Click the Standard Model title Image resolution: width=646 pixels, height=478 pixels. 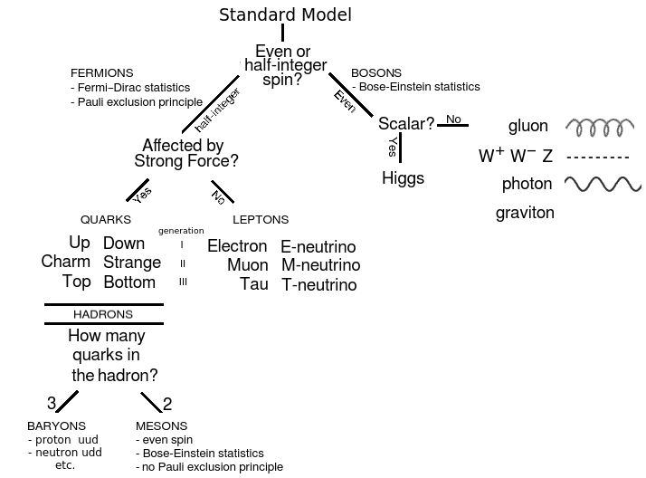pyautogui.click(x=285, y=14)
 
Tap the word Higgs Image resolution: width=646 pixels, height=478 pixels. pyautogui.click(x=403, y=177)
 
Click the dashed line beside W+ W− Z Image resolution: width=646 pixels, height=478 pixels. pyautogui.click(x=597, y=157)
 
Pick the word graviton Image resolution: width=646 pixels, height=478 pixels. pyautogui.click(x=525, y=214)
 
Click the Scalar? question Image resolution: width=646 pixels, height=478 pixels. pyautogui.click(x=406, y=123)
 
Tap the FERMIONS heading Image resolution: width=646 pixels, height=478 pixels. pyautogui.click(x=101, y=73)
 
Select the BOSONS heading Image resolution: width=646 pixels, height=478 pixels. pyautogui.click(x=376, y=73)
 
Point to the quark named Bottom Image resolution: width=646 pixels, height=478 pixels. pyautogui.click(x=129, y=282)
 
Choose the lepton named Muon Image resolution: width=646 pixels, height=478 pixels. pyautogui.click(x=247, y=265)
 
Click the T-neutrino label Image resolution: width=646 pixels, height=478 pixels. pyautogui.click(x=318, y=285)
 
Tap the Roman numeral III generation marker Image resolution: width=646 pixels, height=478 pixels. pyautogui.click(x=183, y=282)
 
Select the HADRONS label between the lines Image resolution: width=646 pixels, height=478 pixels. pyautogui.click(x=103, y=314)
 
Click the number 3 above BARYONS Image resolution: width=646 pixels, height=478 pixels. pyautogui.click(x=51, y=404)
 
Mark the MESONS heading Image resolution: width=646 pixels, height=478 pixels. pyautogui.click(x=162, y=425)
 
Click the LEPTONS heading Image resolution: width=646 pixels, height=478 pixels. pyautogui.click(x=261, y=220)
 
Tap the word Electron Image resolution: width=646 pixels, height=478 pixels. pyautogui.click(x=237, y=246)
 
